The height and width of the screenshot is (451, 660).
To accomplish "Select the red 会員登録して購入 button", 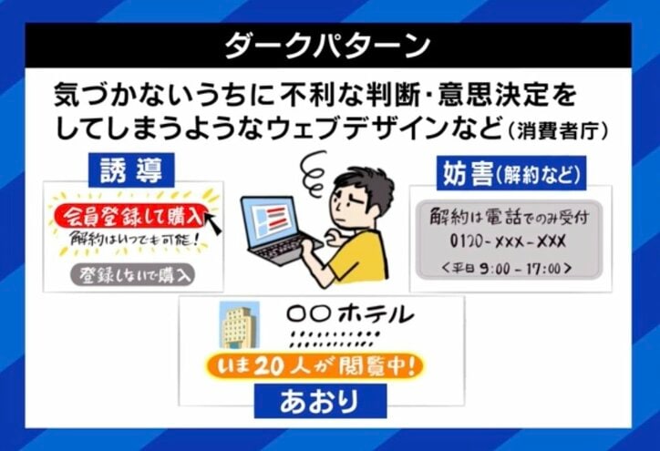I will pos(127,215).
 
